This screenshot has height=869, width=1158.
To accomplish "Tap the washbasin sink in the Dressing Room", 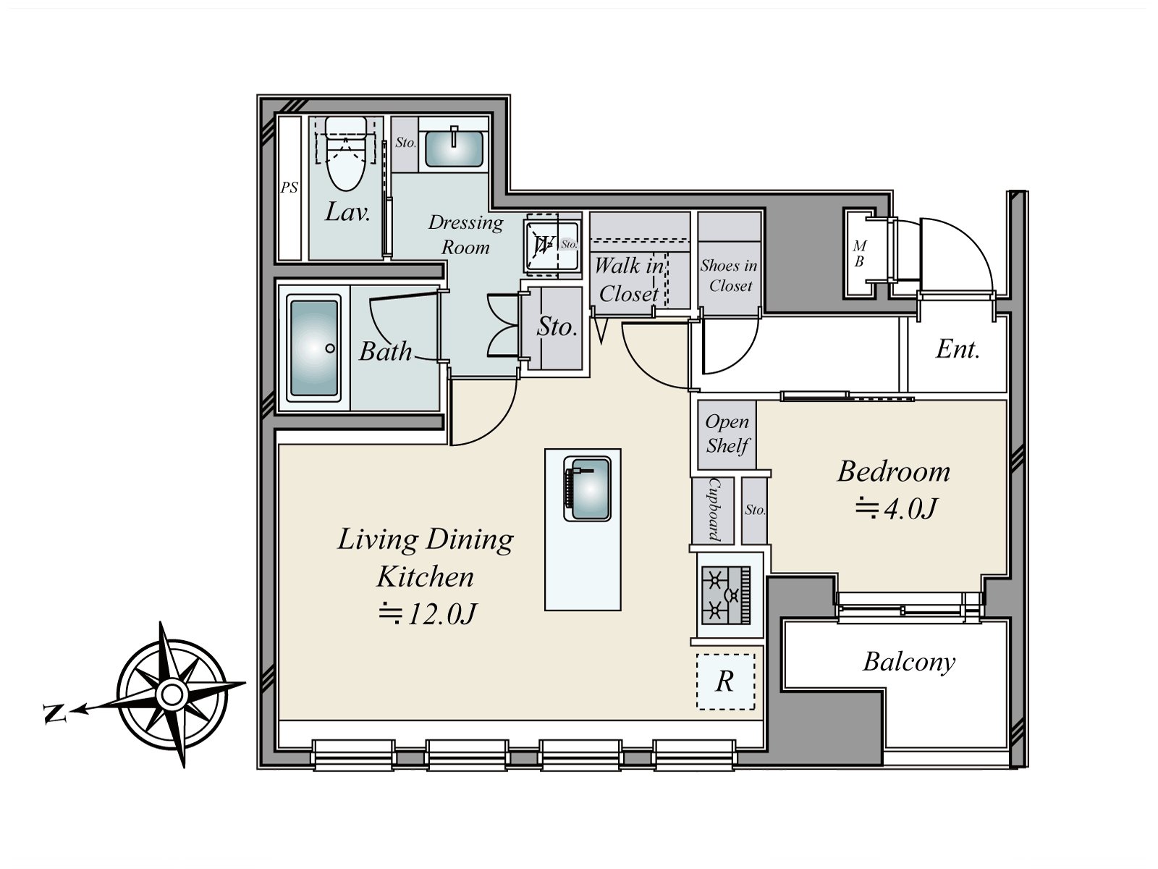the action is [454, 148].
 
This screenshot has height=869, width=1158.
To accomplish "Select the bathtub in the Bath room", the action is [314, 348].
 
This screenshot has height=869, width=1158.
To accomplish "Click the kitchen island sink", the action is [587, 489].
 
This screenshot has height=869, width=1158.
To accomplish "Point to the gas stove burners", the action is [726, 595].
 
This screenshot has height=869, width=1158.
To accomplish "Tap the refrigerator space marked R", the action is [725, 681].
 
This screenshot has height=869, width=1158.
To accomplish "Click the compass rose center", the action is [171, 695].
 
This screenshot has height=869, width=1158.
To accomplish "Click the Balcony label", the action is [909, 663].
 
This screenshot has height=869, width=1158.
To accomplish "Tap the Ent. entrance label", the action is [958, 349].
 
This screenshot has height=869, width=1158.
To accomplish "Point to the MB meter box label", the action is [859, 253].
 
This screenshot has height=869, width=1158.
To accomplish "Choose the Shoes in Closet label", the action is [729, 275].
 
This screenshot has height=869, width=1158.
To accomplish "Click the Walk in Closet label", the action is [629, 280].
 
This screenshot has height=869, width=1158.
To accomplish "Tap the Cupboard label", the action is [714, 510].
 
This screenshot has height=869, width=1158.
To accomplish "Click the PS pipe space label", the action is [289, 188].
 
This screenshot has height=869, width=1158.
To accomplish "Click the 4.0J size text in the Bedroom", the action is [896, 509].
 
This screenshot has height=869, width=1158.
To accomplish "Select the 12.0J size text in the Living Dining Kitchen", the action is [428, 614].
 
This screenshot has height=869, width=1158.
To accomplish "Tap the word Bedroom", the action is [894, 471].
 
